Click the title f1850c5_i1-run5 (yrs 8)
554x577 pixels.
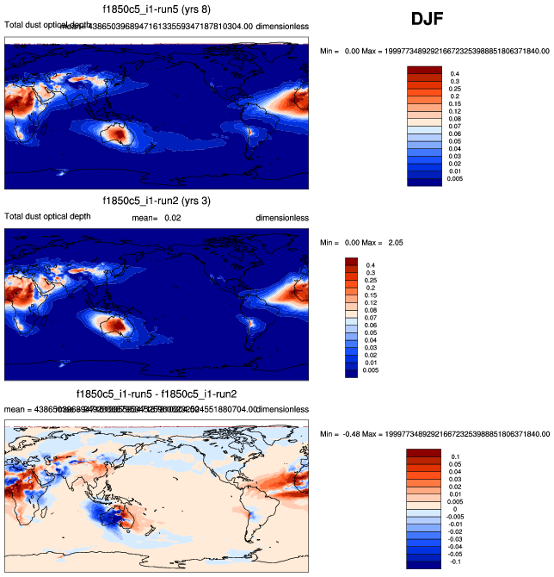[x=157, y=10]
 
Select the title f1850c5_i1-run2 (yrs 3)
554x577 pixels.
[x=157, y=201]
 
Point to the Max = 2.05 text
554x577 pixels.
[x=384, y=243]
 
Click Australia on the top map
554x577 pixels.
[x=115, y=133]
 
